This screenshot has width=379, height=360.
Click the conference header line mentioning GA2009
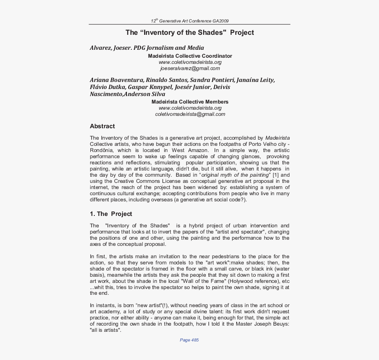[189, 21]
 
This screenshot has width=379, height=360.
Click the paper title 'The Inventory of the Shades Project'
[189, 33]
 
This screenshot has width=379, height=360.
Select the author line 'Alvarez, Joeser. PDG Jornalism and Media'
[147, 48]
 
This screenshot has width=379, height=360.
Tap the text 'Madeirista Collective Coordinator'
[190, 56]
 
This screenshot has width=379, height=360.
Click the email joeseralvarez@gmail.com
[190, 68]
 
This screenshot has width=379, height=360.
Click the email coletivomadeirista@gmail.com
[190, 114]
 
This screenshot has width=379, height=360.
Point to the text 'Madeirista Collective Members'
[190, 102]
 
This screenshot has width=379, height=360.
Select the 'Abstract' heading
[102, 126]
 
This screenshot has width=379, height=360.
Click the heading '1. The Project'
[111, 214]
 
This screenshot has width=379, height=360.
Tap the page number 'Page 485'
[189, 340]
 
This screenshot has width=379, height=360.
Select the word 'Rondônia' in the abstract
[102, 150]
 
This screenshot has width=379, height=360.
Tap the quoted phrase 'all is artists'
[105, 330]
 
